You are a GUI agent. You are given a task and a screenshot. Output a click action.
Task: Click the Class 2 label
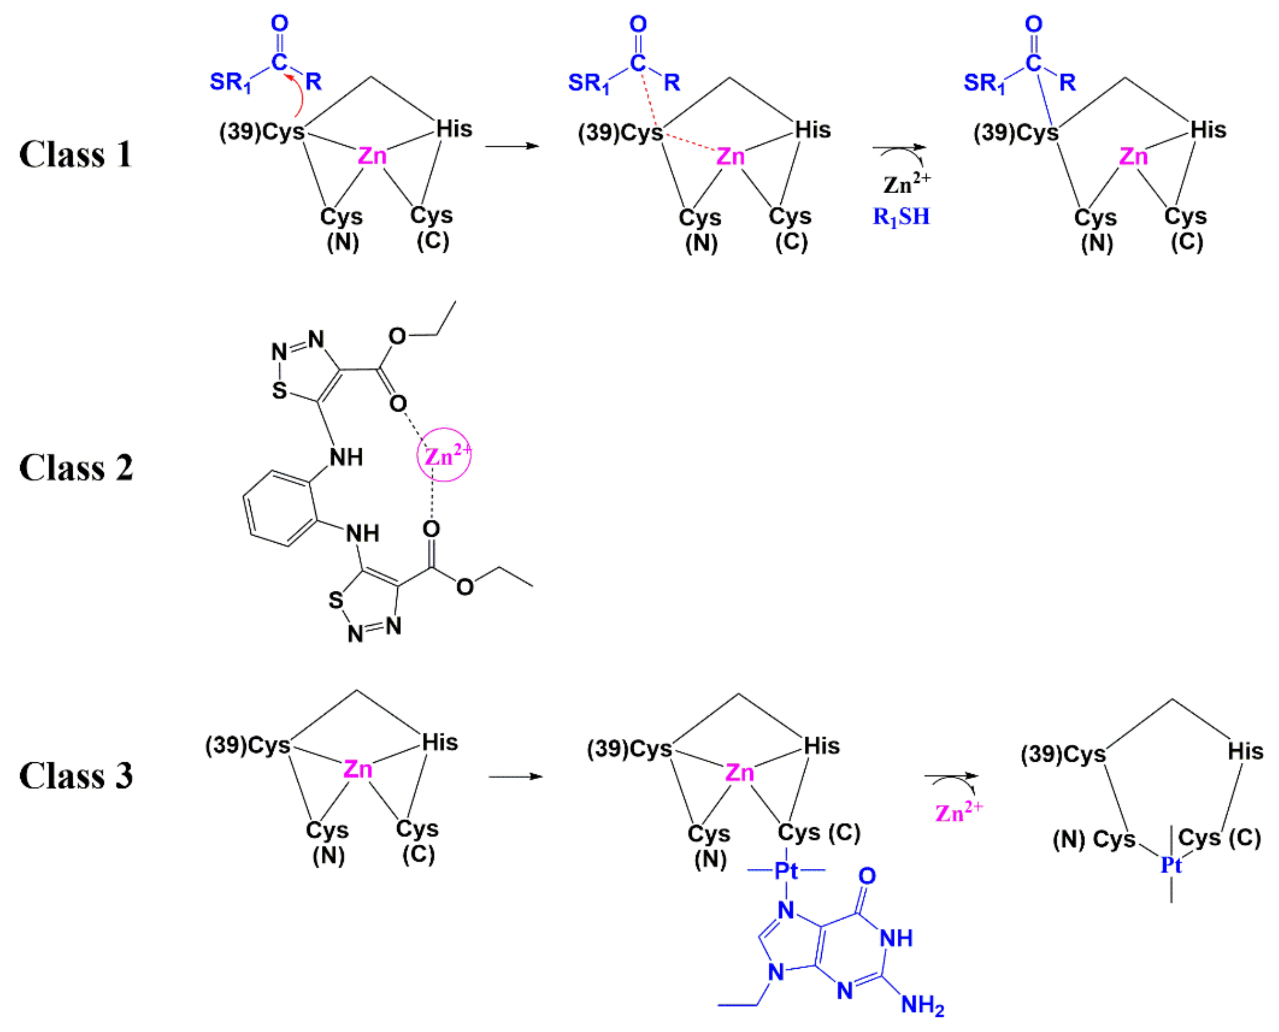(76, 468)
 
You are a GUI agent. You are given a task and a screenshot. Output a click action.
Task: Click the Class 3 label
(76, 776)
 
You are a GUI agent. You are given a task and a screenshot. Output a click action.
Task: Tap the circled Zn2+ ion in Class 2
(444, 455)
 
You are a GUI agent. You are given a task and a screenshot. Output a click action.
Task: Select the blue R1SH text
(901, 216)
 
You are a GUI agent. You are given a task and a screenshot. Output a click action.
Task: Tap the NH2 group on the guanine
(922, 1005)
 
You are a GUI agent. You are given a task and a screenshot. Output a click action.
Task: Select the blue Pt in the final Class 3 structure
(1171, 865)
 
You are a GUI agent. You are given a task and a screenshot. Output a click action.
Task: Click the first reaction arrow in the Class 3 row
(515, 776)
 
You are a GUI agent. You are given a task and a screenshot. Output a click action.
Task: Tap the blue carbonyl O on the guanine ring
(867, 875)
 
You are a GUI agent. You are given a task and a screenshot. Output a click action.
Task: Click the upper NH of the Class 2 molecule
(346, 457)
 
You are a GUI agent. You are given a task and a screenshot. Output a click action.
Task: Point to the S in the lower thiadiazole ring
(336, 600)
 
